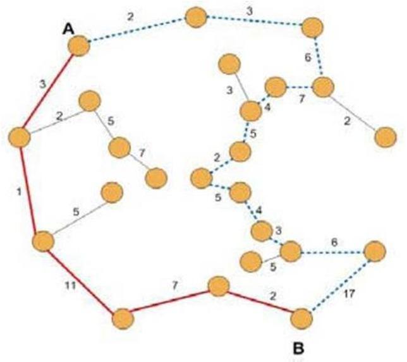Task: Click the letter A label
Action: (69, 29)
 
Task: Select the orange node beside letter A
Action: (80, 46)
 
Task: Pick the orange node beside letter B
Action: (301, 319)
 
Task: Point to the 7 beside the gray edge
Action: (142, 154)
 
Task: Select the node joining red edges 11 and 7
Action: (123, 318)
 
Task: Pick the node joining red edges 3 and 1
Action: (20, 137)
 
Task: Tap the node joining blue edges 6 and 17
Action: (374, 251)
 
